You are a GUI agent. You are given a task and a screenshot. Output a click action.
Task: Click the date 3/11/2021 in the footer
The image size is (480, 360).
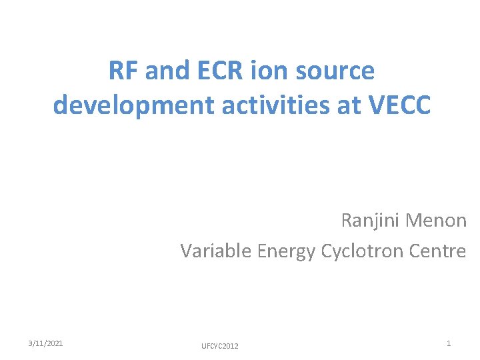pyautogui.click(x=46, y=343)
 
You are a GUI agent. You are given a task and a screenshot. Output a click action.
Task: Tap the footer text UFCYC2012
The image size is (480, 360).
pyautogui.click(x=219, y=346)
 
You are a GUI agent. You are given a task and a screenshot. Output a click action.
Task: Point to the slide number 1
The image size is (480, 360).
pyautogui.click(x=449, y=343)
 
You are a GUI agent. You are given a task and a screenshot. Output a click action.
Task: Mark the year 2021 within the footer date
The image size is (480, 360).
pyautogui.click(x=55, y=343)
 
